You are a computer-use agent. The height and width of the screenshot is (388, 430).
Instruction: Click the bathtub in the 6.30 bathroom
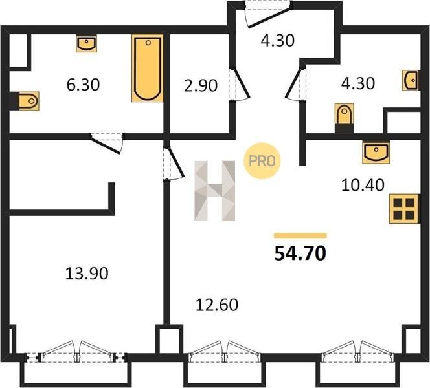148,68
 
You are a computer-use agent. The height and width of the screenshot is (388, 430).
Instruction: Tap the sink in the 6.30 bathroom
86,43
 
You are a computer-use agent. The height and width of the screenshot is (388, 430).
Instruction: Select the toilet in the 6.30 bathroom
28,101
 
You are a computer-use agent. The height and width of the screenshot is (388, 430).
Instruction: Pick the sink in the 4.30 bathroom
411,80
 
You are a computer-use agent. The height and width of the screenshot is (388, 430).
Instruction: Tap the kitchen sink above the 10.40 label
376,153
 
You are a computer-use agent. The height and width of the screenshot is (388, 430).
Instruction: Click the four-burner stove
404,209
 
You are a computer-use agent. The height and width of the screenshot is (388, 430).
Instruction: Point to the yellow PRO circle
262,161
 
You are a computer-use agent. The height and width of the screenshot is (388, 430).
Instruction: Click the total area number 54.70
300,253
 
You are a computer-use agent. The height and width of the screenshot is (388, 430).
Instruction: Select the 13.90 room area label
87,274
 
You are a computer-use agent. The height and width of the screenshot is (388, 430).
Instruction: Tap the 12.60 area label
217,305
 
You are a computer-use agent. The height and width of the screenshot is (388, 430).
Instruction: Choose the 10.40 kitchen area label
363,185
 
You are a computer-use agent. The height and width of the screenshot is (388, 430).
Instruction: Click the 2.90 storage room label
201,85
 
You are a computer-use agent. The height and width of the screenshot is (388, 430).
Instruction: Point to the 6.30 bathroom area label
83,85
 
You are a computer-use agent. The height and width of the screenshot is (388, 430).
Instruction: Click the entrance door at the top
268,14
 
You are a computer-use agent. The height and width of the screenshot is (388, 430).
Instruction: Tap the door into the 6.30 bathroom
106,143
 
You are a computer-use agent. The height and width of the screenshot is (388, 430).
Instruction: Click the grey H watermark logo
215,191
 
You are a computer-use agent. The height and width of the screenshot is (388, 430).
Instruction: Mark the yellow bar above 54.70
300,235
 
